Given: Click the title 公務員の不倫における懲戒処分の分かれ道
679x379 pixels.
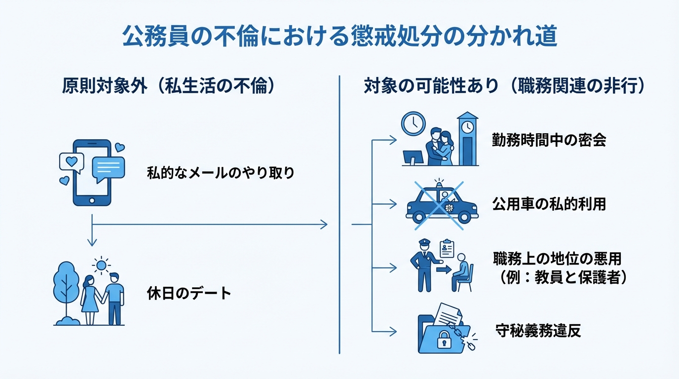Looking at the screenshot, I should coord(339,37).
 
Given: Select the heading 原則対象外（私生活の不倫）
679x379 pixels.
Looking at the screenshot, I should coord(168,86).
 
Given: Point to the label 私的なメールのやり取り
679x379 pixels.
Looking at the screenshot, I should coord(221,173).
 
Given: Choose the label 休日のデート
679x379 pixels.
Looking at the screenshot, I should coord(189,293).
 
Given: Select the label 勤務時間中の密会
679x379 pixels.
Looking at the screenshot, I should coord(549,140).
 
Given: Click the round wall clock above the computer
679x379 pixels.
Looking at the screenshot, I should coord(413,123).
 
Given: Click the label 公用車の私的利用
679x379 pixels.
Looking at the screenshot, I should coord(549,204).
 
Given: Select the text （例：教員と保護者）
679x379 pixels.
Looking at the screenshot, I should coord(560,278).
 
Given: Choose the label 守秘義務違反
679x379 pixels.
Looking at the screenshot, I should coord(538,331).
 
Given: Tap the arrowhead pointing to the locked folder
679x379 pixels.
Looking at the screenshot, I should coord(393,331).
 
